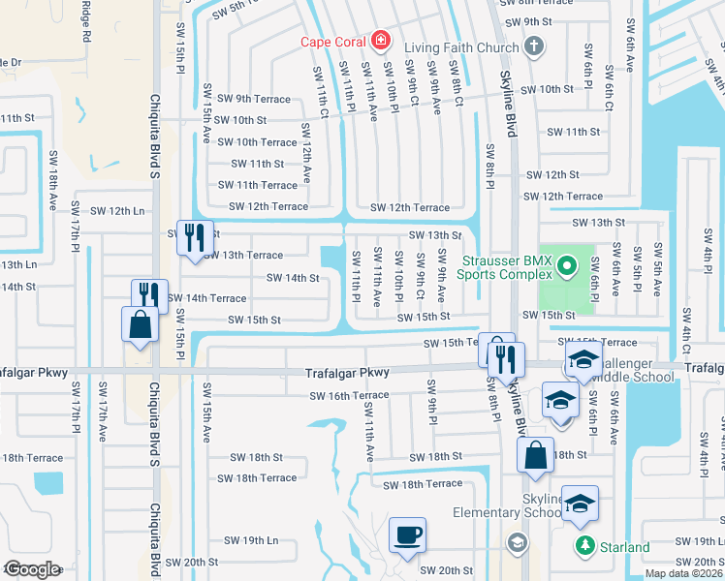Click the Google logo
(32, 569)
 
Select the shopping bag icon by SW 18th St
(535, 455)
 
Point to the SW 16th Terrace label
(349, 396)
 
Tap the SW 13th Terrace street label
(242, 256)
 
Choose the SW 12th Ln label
(117, 211)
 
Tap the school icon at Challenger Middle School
(583, 361)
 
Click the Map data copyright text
(683, 573)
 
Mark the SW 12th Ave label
(306, 153)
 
